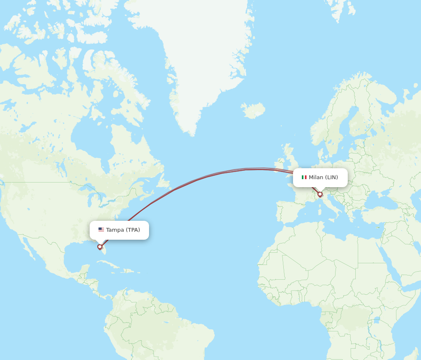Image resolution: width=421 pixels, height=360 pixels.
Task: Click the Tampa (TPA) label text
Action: (123, 230)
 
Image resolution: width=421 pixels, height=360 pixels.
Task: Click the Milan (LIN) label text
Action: (323, 177)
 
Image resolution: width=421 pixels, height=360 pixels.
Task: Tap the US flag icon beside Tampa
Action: (101, 230)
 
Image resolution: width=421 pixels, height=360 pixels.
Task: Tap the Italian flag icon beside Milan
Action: (304, 177)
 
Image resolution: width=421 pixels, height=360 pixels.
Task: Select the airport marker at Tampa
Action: (100, 247)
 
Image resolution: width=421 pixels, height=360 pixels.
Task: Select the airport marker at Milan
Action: (320, 194)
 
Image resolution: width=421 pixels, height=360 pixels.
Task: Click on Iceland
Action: (253, 111)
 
